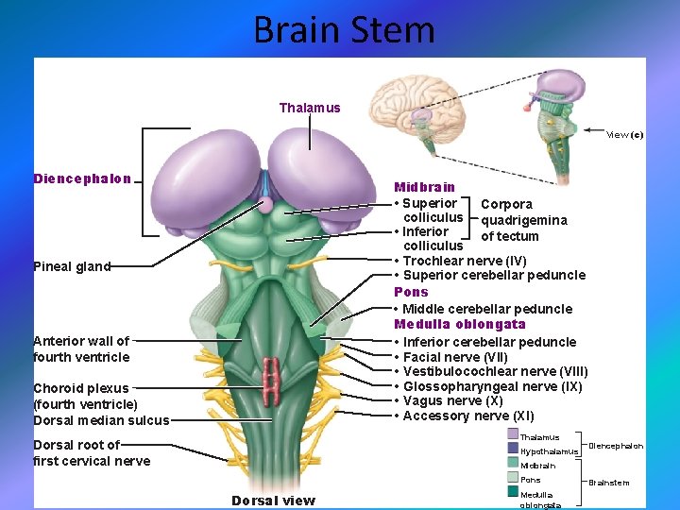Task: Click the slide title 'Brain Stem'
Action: [344, 30]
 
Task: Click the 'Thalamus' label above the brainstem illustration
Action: [310, 108]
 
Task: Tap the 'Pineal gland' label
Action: [72, 266]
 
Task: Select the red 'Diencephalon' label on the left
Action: [82, 178]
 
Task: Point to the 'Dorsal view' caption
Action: [274, 500]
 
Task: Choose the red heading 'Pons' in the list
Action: [411, 292]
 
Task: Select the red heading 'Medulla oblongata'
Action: [460, 325]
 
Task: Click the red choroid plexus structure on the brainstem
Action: [274, 375]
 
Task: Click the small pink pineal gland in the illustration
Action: [266, 204]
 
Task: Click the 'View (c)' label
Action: [624, 134]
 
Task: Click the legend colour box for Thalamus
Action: [512, 435]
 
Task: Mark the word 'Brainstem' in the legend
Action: [609, 483]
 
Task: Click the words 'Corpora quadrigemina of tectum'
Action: [523, 220]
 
